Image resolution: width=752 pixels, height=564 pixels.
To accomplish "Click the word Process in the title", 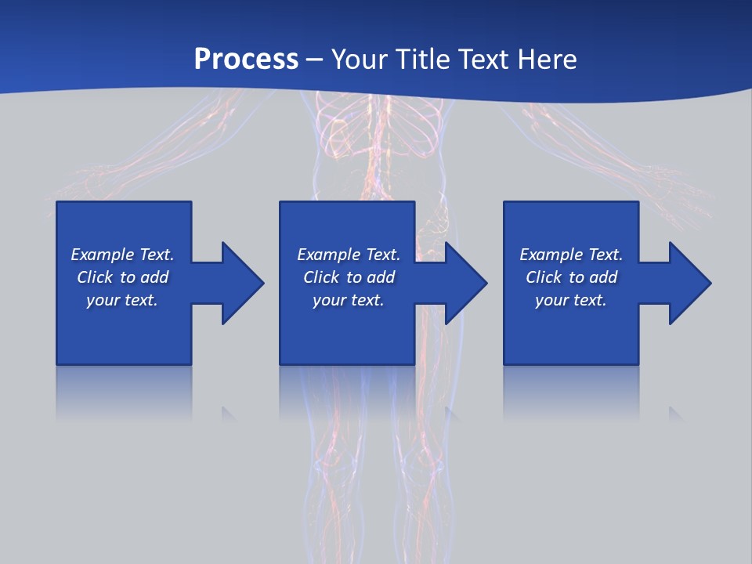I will tap(246, 59).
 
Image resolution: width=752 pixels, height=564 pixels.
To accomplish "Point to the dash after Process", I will tap(315, 60).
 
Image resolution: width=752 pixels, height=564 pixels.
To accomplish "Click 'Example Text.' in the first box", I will tap(122, 255).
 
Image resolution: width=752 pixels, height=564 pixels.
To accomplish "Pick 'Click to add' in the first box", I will tap(122, 277).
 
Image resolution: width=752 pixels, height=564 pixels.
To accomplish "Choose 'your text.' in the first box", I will tap(122, 300).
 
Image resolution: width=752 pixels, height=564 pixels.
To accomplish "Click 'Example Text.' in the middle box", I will tap(349, 255).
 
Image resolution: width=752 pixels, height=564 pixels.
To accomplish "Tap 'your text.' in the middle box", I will tap(349, 300).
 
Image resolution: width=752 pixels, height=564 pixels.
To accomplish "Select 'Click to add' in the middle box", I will tap(349, 277).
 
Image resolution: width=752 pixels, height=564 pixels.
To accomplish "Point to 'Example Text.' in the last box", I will tap(571, 255).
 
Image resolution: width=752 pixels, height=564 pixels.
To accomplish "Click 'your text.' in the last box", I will tap(571, 300).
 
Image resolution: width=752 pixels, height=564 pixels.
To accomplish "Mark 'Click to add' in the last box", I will tap(571, 277).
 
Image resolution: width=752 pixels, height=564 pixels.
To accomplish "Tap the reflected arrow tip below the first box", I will tap(228, 413).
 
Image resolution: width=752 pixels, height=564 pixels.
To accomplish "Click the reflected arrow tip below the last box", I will tap(674, 413).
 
